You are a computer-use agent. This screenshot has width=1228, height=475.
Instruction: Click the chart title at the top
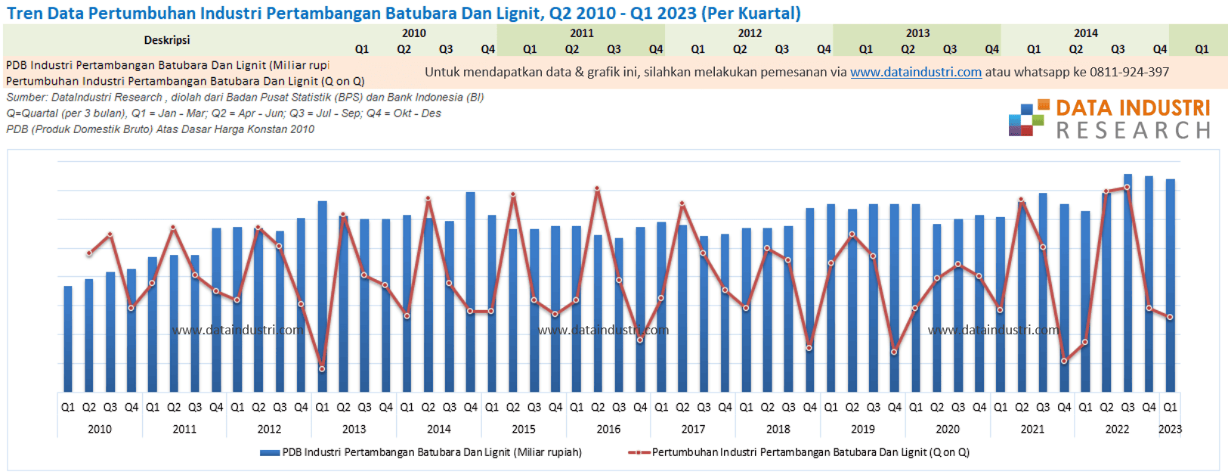click(404, 13)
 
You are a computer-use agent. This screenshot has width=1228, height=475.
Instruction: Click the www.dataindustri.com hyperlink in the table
click(915, 72)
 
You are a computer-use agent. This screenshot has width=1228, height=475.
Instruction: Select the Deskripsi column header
click(167, 40)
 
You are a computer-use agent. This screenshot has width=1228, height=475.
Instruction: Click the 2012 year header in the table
click(750, 33)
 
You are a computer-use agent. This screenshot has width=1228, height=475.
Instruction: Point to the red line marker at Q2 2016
click(598, 188)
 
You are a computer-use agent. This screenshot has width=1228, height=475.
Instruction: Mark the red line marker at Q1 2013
click(322, 369)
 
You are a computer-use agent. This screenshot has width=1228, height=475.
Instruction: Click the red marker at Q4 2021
click(1064, 361)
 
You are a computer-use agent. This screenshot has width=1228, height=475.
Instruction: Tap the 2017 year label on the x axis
click(693, 429)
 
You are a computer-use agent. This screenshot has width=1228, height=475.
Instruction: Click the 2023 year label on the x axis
click(1170, 429)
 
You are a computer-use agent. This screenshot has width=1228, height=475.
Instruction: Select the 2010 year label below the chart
click(100, 429)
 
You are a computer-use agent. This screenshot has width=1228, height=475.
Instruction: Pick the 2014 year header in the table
click(1085, 33)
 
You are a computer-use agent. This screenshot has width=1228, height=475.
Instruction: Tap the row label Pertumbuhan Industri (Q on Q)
click(185, 81)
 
